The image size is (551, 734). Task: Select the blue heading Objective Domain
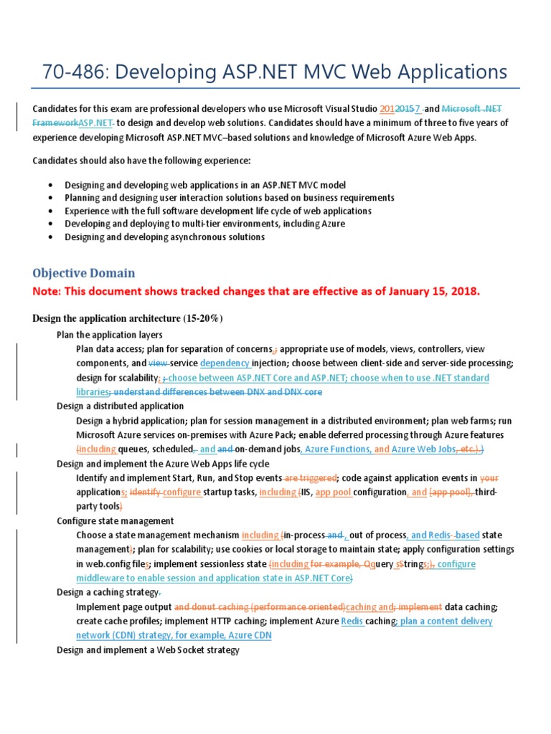(x=83, y=273)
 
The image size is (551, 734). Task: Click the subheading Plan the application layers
(x=109, y=335)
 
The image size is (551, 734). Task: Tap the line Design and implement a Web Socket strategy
(x=147, y=649)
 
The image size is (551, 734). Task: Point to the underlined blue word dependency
(x=225, y=363)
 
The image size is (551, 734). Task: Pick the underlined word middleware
(x=102, y=578)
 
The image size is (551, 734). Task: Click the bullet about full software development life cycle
(x=217, y=211)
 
